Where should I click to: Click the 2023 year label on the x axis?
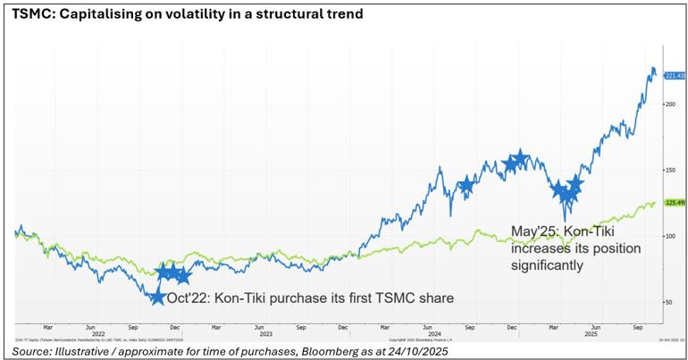[265, 333]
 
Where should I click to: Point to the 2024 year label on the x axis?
[435, 333]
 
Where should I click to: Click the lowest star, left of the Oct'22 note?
[157, 297]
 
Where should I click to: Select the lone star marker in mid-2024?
[466, 186]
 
